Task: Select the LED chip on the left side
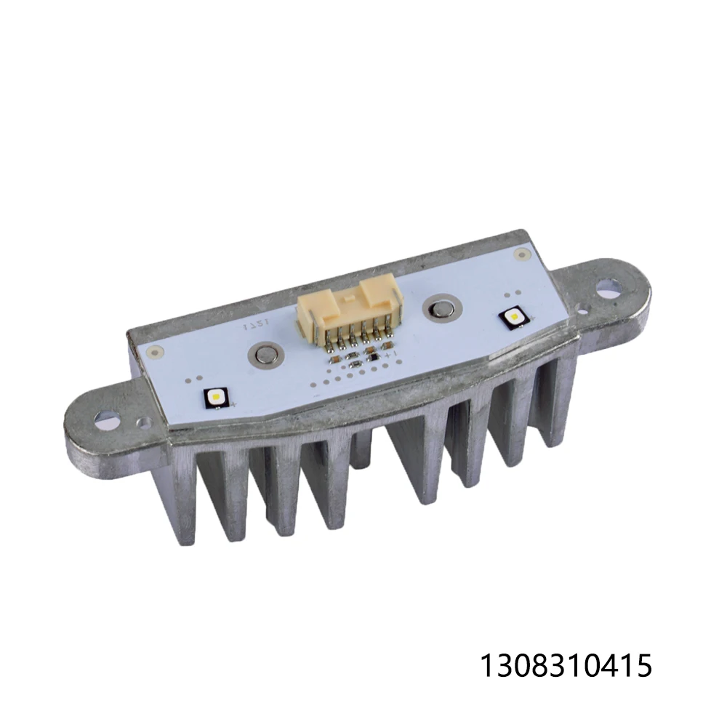(217, 398)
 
